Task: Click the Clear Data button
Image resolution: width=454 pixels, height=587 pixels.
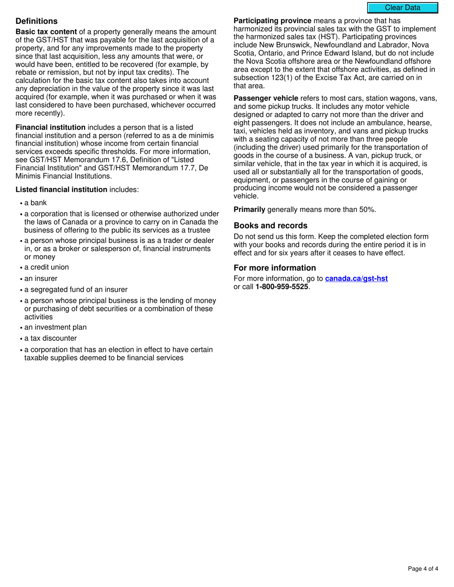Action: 402,8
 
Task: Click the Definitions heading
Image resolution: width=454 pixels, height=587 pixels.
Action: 36,21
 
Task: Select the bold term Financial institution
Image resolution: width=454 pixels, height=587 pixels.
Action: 51,127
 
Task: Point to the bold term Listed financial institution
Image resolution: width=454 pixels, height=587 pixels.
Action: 61,189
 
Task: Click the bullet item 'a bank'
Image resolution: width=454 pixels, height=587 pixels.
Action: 35,203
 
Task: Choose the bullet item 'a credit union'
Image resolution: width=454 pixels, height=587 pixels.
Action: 46,267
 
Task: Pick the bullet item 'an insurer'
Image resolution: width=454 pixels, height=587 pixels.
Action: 41,278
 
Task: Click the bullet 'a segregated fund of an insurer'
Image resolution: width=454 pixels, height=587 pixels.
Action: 76,289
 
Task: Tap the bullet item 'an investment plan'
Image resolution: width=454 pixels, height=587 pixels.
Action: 55,327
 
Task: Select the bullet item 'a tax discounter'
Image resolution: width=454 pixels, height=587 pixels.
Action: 50,338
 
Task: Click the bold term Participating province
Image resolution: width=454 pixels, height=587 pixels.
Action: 272,21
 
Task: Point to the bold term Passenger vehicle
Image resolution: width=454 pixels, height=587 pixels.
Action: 266,98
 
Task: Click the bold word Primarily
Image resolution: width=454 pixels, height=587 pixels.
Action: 249,210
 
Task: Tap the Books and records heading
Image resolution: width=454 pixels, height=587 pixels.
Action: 270,226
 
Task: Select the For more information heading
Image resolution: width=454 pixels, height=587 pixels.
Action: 275,268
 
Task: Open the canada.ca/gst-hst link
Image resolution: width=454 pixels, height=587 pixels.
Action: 357,279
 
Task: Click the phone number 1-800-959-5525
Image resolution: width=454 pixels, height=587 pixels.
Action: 282,287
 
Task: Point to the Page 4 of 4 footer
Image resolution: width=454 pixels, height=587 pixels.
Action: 423,568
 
